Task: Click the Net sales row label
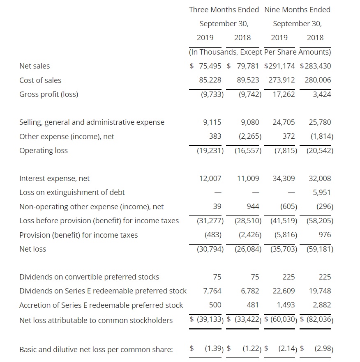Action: pyautogui.click(x=35, y=66)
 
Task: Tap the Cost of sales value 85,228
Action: pyautogui.click(x=210, y=80)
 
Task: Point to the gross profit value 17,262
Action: pyautogui.click(x=284, y=94)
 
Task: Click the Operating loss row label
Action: pyautogui.click(x=44, y=151)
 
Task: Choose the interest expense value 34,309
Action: pyautogui.click(x=284, y=179)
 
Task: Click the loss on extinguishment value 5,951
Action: pyautogui.click(x=322, y=192)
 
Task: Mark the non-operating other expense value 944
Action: pyautogui.click(x=252, y=206)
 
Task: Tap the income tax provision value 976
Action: pyautogui.click(x=325, y=235)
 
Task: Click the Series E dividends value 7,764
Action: pyautogui.click(x=212, y=291)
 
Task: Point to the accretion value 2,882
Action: pyautogui.click(x=322, y=305)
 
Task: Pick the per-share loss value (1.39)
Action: pyautogui.click(x=214, y=349)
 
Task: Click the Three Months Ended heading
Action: pyautogui.click(x=224, y=9)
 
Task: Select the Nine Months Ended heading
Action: pyautogui.click(x=298, y=9)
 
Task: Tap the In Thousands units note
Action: pyautogui.click(x=260, y=52)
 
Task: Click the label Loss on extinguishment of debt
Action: pyautogui.click(x=72, y=192)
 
